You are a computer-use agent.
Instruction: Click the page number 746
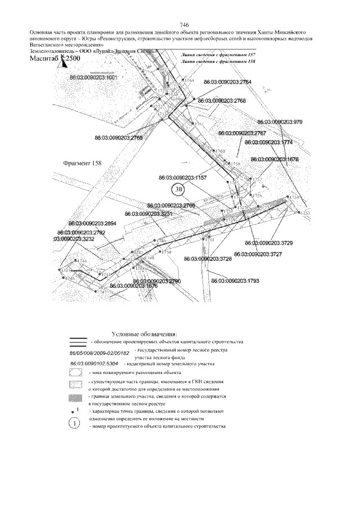[x=184, y=25]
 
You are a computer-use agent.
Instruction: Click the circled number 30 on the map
[x=179, y=190]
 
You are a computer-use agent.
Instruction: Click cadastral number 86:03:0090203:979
[x=280, y=121]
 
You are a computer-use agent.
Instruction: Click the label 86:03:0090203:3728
[x=208, y=259]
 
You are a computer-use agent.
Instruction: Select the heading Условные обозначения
[x=145, y=334]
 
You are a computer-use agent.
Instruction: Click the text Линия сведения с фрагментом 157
[x=215, y=53]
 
